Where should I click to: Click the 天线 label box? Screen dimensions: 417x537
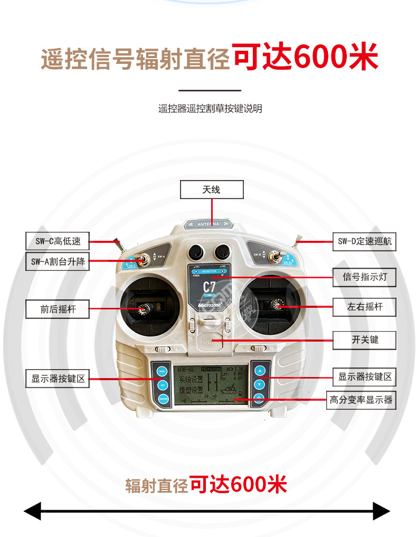pyautogui.click(x=212, y=190)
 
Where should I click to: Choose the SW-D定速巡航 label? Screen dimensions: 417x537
pyautogui.click(x=364, y=242)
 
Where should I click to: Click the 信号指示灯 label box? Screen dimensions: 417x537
pyautogui.click(x=364, y=277)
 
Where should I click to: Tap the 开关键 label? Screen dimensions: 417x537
pyautogui.click(x=364, y=340)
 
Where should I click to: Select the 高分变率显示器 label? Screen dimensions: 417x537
pyautogui.click(x=362, y=400)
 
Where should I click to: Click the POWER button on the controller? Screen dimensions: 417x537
pyautogui.click(x=210, y=343)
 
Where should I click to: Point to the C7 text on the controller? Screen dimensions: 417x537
pyautogui.click(x=210, y=288)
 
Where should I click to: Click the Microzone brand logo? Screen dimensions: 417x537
pyautogui.click(x=210, y=305)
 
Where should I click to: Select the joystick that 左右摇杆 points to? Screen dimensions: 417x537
pyautogui.click(x=275, y=305)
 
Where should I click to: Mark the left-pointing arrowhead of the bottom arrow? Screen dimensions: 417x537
pyautogui.click(x=33, y=511)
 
